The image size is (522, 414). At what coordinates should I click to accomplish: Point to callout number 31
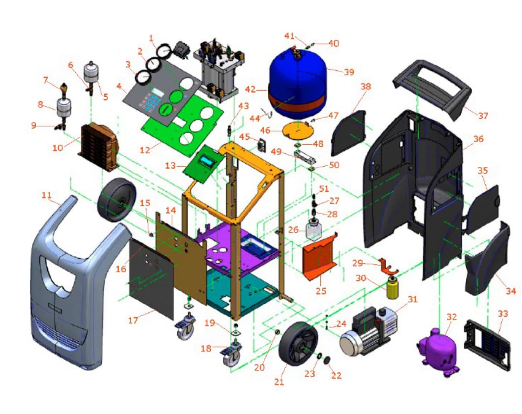click(x=412, y=300)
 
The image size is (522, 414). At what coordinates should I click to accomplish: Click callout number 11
click(x=47, y=195)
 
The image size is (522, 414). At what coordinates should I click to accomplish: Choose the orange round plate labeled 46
click(x=298, y=130)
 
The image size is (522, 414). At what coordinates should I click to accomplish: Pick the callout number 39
click(x=349, y=72)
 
